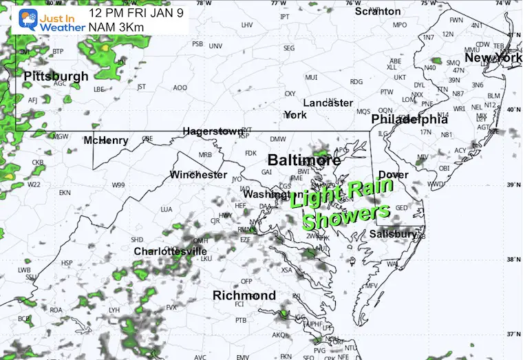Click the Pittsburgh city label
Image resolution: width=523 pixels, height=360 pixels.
tap(56, 76)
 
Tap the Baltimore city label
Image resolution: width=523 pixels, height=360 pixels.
tap(303, 160)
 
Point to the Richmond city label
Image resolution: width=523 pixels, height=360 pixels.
tap(244, 295)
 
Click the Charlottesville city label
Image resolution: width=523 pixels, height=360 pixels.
tap(170, 251)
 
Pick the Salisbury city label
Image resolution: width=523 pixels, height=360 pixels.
tap(393, 234)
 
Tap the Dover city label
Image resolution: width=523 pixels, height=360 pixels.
tap(393, 175)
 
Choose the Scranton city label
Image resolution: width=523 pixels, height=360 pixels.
tap(377, 11)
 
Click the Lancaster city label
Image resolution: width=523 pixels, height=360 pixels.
tap(328, 103)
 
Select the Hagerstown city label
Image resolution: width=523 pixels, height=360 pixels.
tap(213, 131)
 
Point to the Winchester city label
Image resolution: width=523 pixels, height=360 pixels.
tap(198, 175)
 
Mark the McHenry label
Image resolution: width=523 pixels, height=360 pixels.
tap(105, 140)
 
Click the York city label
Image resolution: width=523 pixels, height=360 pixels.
tap(295, 115)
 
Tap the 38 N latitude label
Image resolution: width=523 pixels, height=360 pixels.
tap(512, 260)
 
